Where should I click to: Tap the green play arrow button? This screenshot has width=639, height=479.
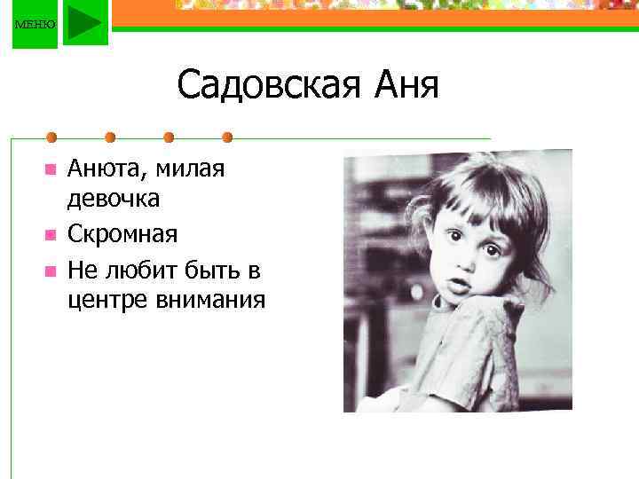click(x=85, y=23)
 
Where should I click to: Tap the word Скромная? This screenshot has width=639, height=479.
click(x=122, y=234)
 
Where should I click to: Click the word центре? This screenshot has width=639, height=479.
click(x=105, y=300)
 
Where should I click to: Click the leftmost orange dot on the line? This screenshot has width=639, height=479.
click(x=52, y=137)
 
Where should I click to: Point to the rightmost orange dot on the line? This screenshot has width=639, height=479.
click(x=227, y=137)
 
